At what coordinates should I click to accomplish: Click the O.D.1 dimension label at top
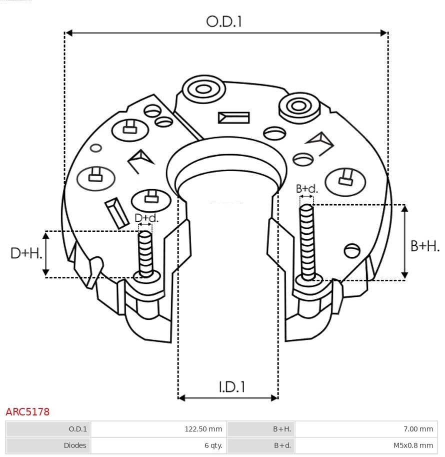(224, 22)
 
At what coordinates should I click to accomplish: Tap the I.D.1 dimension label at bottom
(231, 386)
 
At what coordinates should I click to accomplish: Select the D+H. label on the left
(26, 253)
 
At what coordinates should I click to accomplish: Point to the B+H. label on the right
(424, 246)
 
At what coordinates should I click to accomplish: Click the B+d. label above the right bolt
(306, 189)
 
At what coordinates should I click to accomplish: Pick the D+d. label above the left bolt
(146, 218)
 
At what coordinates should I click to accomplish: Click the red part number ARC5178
(27, 412)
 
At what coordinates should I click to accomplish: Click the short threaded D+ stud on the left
(145, 254)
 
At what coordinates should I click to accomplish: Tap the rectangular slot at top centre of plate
(233, 118)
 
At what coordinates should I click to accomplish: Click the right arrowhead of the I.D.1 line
(274, 398)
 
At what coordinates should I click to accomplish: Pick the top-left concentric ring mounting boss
(203, 90)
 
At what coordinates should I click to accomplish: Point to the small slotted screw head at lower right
(352, 250)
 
